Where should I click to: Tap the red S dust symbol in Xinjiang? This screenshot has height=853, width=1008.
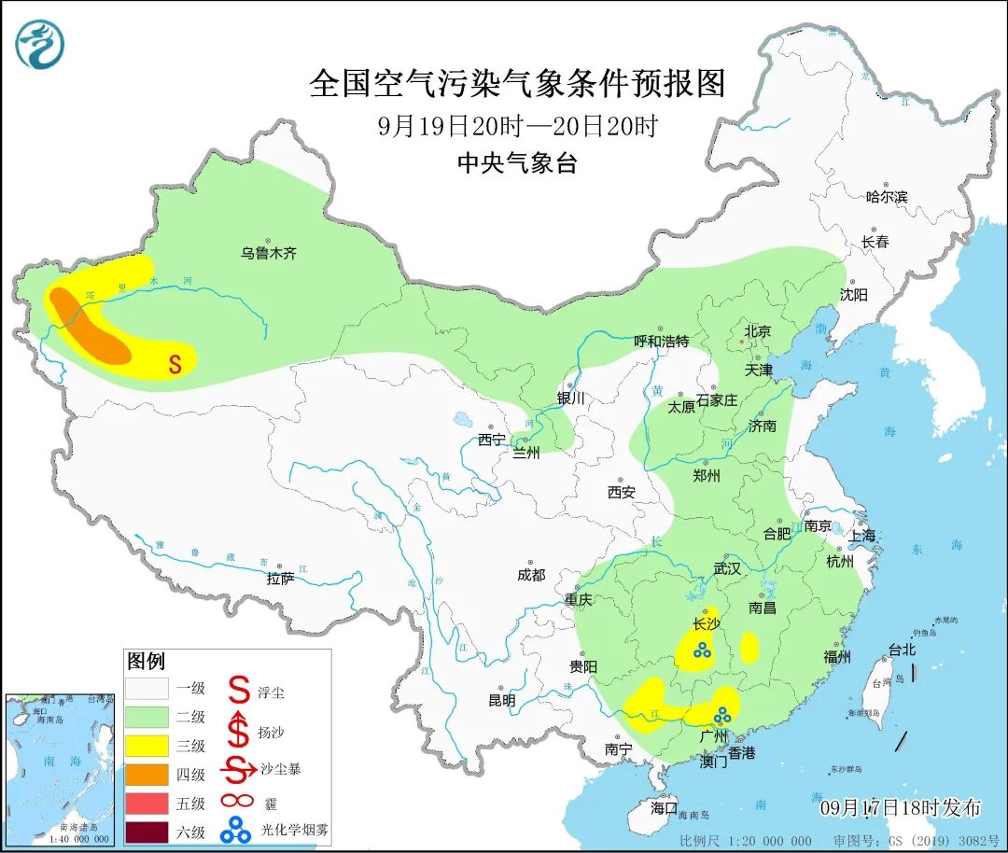(175, 364)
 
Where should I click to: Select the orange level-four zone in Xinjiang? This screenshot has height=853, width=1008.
(90, 328)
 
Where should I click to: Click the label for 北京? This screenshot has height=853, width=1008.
(757, 331)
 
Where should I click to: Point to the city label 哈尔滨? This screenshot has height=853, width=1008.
(886, 196)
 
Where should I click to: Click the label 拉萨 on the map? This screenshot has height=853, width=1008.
(280, 579)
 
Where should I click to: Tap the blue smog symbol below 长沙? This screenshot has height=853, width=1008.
(702, 651)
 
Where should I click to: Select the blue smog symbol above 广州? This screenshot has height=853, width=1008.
(721, 717)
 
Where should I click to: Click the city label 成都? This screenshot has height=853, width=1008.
(530, 576)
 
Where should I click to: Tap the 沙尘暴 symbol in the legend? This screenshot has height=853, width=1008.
(241, 770)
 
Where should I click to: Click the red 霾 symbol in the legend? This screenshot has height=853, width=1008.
(240, 801)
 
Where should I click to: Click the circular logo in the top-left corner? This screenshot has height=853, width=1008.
(39, 44)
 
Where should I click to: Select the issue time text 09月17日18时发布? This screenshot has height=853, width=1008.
(900, 807)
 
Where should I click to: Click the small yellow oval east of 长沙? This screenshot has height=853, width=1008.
(749, 647)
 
